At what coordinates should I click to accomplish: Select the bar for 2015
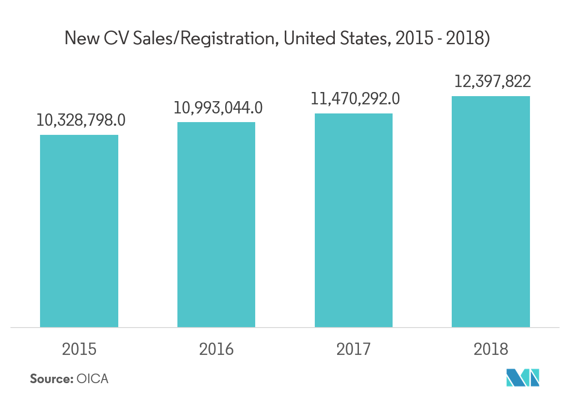pos(79,231)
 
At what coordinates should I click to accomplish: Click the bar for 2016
pos(216,225)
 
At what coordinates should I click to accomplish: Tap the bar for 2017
pos(353,220)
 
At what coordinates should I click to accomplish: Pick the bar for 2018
pos(490,211)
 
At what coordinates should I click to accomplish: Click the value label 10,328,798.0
pos(81,120)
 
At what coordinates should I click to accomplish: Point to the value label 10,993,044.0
pos(218,108)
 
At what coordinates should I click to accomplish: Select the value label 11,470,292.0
pos(355,99)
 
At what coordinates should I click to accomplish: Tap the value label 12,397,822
pos(492,82)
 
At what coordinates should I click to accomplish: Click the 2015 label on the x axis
pos(79,349)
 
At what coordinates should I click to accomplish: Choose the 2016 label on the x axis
pos(216,349)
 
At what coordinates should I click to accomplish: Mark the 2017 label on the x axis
pos(353,349)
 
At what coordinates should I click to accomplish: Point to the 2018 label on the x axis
pos(490,349)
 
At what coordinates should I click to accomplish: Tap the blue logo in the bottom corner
pos(523,377)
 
